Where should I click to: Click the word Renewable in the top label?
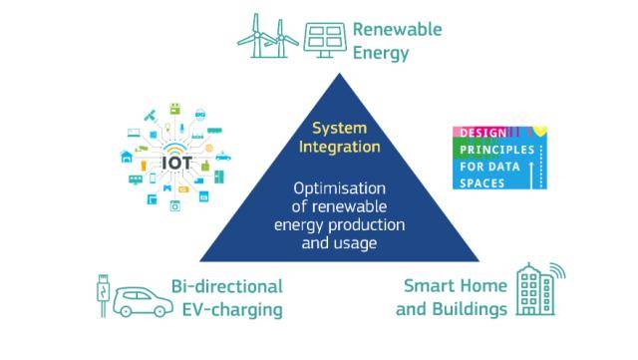(397, 29)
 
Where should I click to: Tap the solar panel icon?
(325, 40)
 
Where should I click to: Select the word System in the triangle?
(339, 129)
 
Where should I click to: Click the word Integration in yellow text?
(339, 147)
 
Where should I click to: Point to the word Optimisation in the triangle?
(339, 188)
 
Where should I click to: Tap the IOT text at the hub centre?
(176, 164)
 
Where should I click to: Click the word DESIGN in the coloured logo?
(482, 133)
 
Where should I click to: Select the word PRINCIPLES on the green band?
(496, 150)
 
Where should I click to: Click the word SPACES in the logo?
(482, 183)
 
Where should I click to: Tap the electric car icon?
(143, 302)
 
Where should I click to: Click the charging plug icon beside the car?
(103, 295)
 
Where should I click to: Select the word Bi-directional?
(226, 286)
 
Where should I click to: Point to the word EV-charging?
(232, 309)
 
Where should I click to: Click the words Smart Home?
(456, 285)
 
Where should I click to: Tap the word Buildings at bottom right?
(470, 309)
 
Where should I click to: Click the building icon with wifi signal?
(540, 289)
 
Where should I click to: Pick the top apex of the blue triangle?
(339, 74)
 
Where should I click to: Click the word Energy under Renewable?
(381, 53)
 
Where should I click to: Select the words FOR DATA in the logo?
(489, 167)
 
